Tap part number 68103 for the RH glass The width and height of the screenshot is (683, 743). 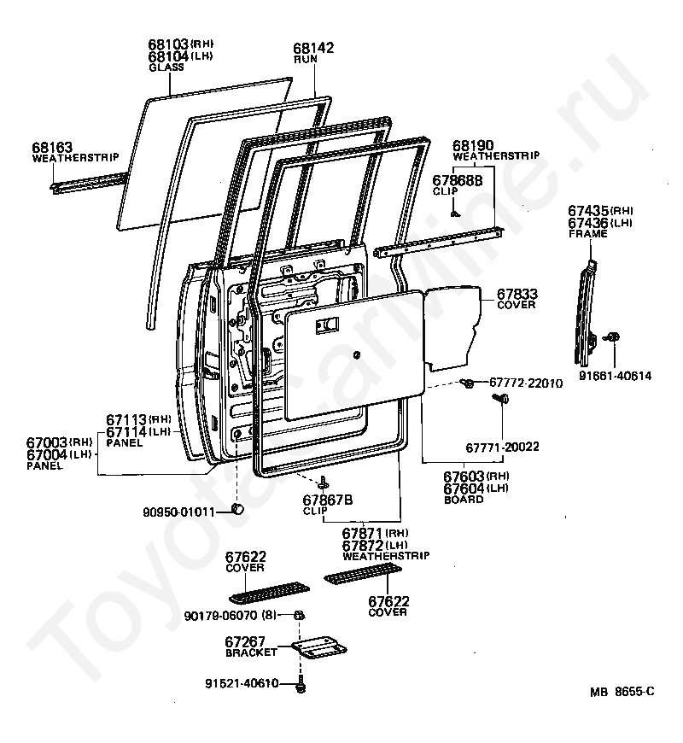click(x=167, y=44)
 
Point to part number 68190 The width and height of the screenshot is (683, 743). click(x=472, y=145)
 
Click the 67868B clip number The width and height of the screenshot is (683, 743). click(x=458, y=180)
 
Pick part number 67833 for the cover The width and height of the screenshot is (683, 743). click(x=517, y=293)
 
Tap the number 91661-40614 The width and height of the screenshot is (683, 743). click(x=616, y=374)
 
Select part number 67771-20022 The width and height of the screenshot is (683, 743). click(x=502, y=447)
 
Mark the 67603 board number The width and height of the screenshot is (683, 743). click(x=464, y=475)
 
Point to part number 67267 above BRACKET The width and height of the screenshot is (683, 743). click(x=246, y=641)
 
